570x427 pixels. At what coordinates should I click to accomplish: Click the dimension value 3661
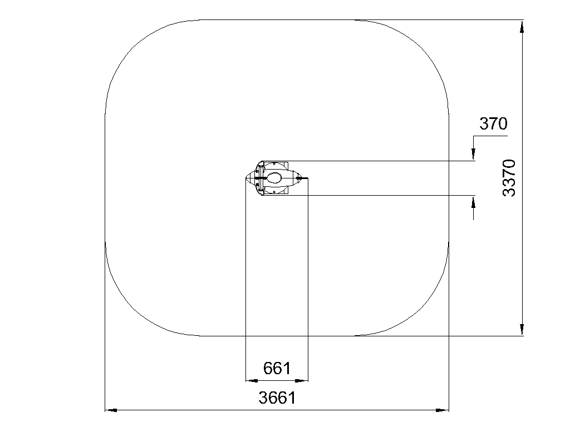pos(277,398)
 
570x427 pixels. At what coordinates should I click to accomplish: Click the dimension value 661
pos(277,368)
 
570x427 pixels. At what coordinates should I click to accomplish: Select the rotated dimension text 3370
pos(509,178)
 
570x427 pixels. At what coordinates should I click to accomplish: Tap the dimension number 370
pos(493,123)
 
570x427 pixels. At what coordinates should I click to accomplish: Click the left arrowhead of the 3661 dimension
pos(111,410)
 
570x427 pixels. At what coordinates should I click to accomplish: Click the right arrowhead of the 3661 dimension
pos(443,410)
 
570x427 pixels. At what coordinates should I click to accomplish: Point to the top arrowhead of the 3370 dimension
pos(522,27)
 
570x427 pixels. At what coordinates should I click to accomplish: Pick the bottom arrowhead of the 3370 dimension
pos(522,329)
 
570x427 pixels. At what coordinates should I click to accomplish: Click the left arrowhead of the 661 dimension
pos(252,380)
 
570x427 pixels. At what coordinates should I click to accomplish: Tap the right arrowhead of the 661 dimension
pos(302,380)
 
